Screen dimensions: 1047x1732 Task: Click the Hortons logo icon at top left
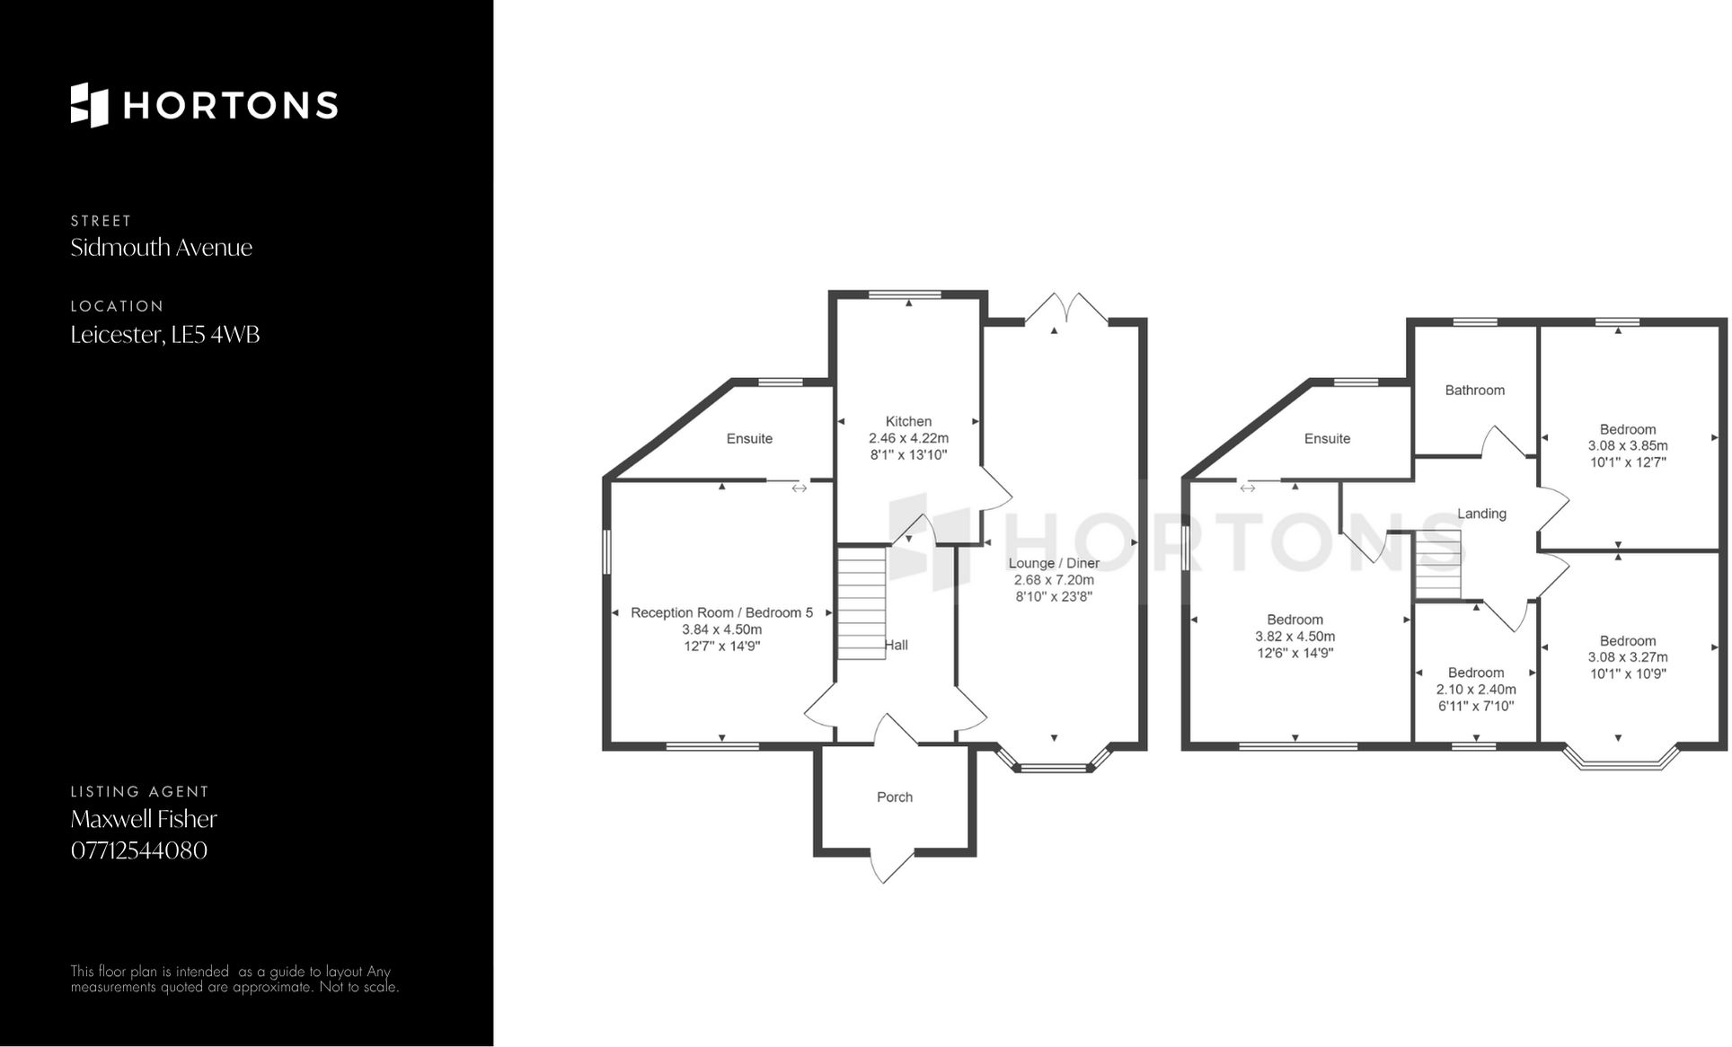tap(90, 105)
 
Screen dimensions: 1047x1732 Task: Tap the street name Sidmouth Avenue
tap(162, 248)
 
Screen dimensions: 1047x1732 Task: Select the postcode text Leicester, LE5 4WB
tap(165, 335)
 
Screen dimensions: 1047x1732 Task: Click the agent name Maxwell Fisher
tap(144, 819)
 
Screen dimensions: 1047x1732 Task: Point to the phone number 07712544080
tap(139, 850)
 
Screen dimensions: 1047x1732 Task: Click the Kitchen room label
tap(908, 421)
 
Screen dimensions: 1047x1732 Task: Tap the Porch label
tap(895, 797)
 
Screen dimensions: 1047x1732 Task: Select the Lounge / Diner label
tap(1054, 563)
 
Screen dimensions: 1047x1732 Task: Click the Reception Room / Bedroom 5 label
tap(721, 612)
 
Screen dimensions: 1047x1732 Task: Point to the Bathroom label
tap(1474, 391)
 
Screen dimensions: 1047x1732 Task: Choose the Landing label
tap(1481, 514)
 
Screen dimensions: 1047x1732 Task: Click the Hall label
tap(897, 645)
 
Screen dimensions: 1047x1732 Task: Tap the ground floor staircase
tap(862, 603)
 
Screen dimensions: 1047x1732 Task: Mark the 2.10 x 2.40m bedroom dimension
tap(1476, 690)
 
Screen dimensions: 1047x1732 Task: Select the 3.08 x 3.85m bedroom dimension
tap(1628, 446)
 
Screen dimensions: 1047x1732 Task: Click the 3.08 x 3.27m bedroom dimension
tap(1628, 657)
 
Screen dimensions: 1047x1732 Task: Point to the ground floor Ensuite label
tap(749, 439)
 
